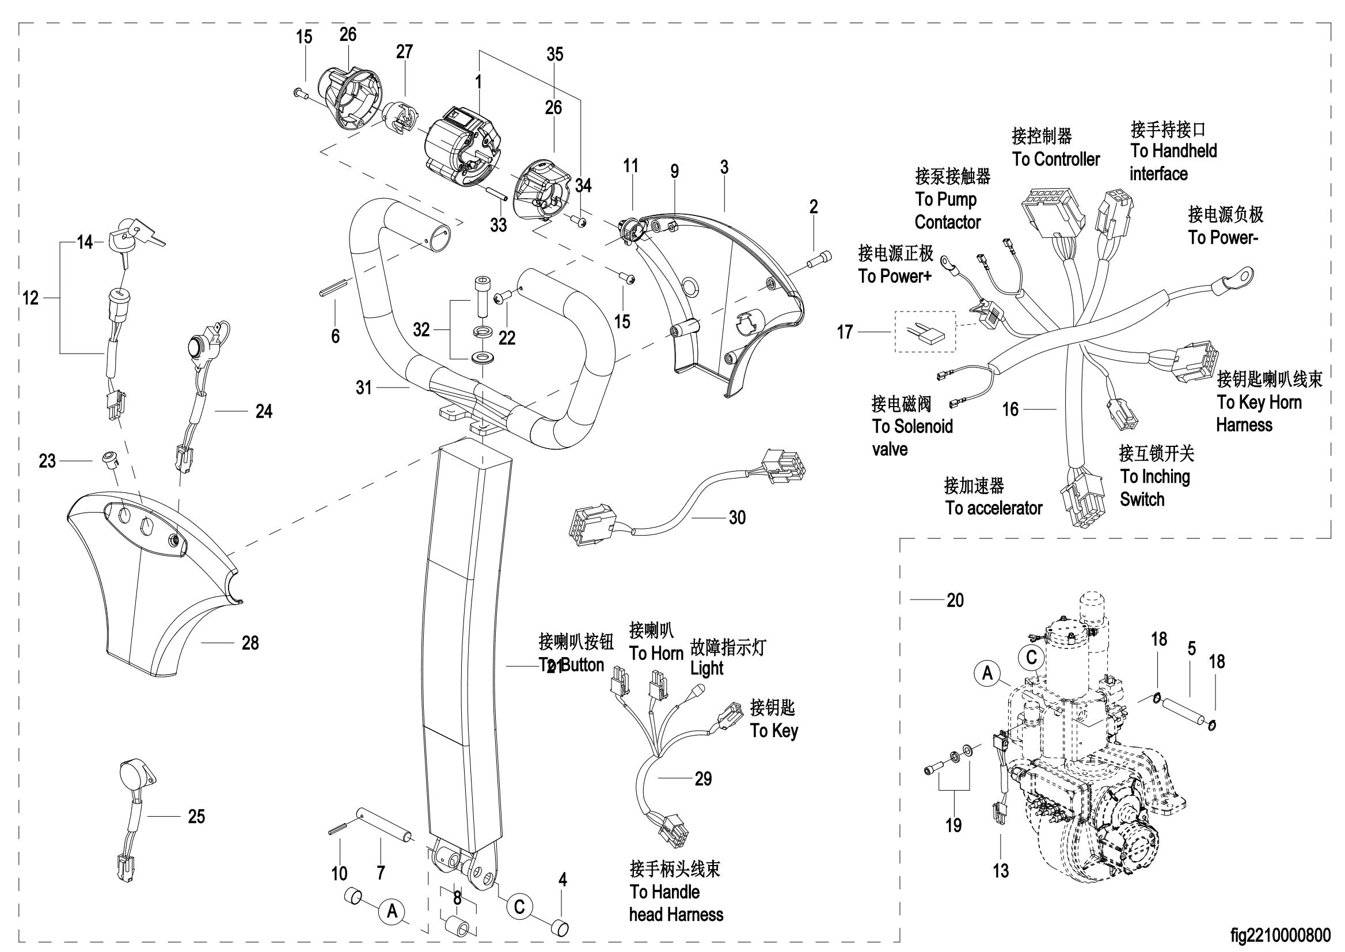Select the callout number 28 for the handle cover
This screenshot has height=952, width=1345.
(250, 643)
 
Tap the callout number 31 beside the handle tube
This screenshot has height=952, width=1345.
(364, 388)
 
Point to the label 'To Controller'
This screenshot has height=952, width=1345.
(1056, 159)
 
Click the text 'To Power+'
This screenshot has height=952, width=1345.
(894, 276)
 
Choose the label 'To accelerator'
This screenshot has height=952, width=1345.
(993, 507)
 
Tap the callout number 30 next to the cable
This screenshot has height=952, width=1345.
(737, 517)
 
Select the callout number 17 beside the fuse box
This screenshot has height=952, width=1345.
(845, 332)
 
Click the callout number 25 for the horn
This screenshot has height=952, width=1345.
(196, 816)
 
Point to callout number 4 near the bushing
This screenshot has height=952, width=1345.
(563, 879)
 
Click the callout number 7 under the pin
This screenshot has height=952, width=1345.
(381, 873)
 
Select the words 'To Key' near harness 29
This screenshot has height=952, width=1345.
(774, 731)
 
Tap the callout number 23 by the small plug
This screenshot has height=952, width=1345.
(47, 461)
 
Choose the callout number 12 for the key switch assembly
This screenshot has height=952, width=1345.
(31, 298)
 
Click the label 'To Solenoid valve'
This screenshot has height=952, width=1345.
(913, 438)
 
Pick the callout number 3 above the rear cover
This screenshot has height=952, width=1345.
(724, 167)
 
